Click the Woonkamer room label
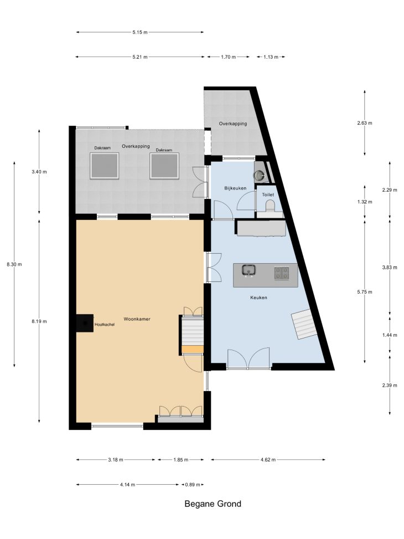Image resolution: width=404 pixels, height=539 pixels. [137, 319]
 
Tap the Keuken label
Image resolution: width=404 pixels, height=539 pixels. [258, 297]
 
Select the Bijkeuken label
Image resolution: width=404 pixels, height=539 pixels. [235, 188]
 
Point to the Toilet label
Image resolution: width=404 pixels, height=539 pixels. [268, 194]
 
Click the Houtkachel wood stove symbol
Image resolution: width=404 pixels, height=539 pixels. [85, 323]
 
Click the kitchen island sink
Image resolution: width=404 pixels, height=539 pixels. [248, 270]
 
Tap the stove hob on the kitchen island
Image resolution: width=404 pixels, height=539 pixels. [281, 273]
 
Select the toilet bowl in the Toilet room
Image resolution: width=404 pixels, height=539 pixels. [271, 206]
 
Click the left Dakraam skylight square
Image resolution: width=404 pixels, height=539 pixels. [105, 166]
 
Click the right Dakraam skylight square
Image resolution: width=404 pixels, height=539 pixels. [164, 166]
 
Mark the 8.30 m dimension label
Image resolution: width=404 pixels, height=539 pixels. [14, 264]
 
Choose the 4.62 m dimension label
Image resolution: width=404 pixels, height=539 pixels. [268, 460]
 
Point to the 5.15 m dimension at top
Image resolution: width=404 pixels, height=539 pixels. [140, 32]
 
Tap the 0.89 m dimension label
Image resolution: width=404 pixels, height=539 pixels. [193, 485]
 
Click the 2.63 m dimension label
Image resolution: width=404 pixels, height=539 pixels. [365, 123]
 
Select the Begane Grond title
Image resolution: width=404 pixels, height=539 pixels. [213, 504]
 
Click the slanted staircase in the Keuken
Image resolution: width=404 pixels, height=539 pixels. [304, 324]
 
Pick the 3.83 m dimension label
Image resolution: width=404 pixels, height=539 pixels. [390, 268]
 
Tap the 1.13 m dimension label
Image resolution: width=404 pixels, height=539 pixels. [271, 57]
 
